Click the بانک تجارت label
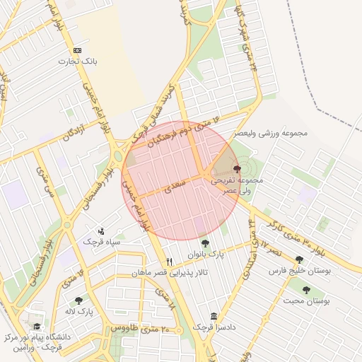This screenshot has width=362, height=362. pos(78,62)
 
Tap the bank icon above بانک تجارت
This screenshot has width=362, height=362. pos(78,51)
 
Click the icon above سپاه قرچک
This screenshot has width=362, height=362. pos(102,230)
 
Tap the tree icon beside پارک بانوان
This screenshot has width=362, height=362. pos(205,244)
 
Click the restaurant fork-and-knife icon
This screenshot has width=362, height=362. pos(169,262)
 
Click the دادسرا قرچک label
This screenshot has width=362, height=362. pos(215,328)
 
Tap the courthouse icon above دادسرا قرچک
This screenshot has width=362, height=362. pos(214,317)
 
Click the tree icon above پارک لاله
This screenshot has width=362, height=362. pos(79,300)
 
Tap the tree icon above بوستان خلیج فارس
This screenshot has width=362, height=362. pos(300,260)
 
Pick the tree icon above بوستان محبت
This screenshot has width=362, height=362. pos(307,290)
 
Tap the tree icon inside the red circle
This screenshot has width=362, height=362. pos(236,168)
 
